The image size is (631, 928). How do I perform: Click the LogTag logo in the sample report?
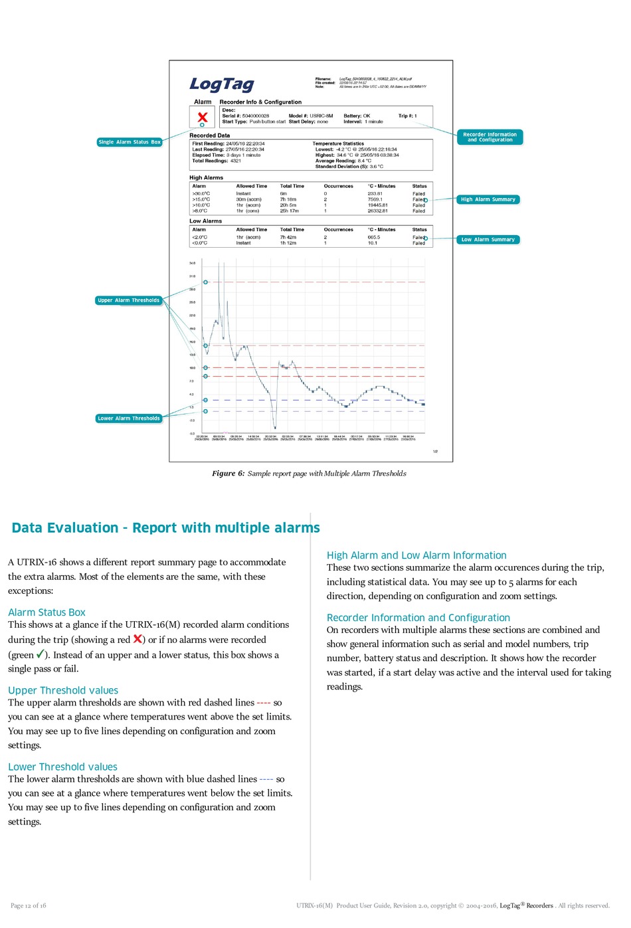[222, 84]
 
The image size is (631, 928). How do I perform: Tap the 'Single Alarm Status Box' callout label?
[130, 142]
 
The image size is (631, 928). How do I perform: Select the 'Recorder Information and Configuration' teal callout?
[490, 138]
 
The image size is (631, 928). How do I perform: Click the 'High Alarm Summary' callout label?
[488, 199]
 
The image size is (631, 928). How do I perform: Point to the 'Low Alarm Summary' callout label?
[488, 240]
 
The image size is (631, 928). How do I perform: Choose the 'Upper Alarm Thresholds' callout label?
[129, 300]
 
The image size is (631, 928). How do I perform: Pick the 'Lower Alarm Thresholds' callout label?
[129, 418]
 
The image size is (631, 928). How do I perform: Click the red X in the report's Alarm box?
[203, 118]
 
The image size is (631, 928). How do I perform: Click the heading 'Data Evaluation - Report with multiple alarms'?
[165, 528]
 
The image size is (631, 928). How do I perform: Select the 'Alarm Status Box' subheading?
[46, 612]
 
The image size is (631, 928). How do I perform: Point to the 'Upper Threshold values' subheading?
[63, 691]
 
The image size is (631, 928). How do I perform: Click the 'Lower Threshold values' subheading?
[62, 767]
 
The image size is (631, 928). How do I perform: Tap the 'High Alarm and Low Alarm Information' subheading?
[416, 555]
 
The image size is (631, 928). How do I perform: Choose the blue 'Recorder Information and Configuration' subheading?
[418, 618]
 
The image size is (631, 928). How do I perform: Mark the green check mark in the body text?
[41, 654]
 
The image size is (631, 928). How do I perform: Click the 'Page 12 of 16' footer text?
[29, 905]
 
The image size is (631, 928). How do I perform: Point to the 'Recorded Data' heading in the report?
[209, 136]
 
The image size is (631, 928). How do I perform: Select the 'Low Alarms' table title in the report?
[205, 221]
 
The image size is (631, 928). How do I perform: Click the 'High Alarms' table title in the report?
[206, 178]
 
